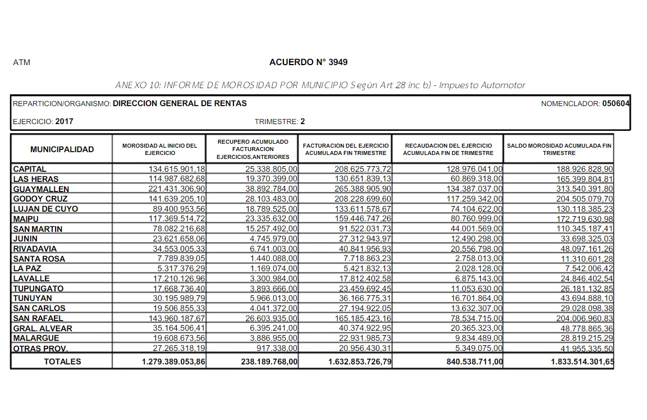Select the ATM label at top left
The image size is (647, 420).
click(21, 63)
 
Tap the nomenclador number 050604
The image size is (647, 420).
click(616, 104)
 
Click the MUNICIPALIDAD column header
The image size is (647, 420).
click(62, 149)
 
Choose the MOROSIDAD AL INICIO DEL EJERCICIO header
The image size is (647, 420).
click(159, 149)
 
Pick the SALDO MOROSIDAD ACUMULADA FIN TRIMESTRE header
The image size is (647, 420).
click(559, 149)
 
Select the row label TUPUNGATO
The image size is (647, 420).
click(38, 289)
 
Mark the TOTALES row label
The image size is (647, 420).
click(62, 362)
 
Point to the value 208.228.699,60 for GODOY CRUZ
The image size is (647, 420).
click(356, 199)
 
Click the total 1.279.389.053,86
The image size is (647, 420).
click(174, 362)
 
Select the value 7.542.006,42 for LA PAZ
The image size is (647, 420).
click(586, 269)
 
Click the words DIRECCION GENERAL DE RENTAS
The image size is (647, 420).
click(180, 104)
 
